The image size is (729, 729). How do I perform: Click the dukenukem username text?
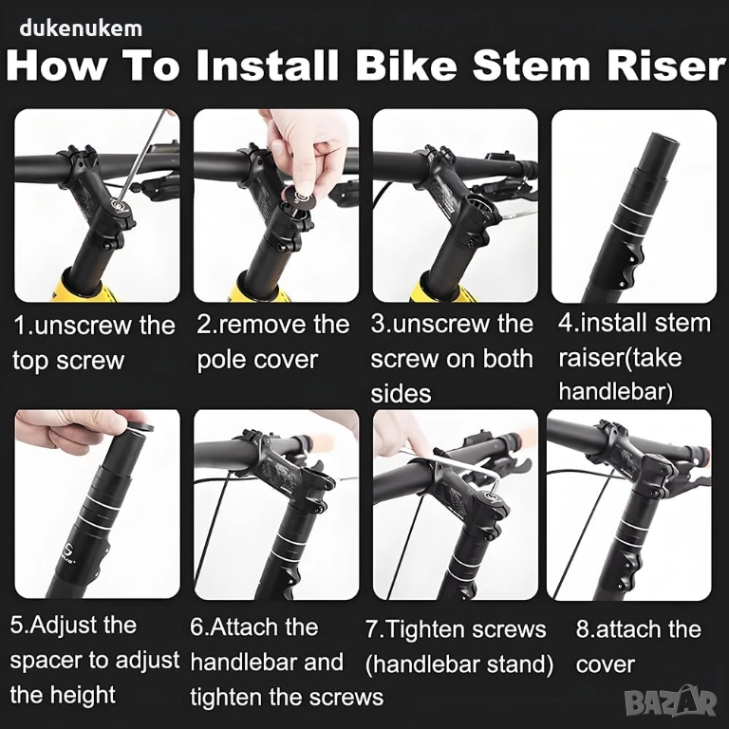pyautogui.click(x=81, y=28)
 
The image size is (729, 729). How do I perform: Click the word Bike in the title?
pyautogui.click(x=407, y=65)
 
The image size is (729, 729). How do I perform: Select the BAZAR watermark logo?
pyautogui.click(x=670, y=701)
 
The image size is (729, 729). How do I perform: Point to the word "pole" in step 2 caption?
pyautogui.click(x=222, y=361)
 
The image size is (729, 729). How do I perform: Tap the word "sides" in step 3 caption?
pyautogui.click(x=401, y=393)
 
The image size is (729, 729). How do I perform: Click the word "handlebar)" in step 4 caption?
pyautogui.click(x=615, y=391)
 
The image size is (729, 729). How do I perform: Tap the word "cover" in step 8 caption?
pyautogui.click(x=605, y=664)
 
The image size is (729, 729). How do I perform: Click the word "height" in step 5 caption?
pyautogui.click(x=83, y=696)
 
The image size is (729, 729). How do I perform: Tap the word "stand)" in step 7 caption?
pyautogui.click(x=522, y=664)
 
